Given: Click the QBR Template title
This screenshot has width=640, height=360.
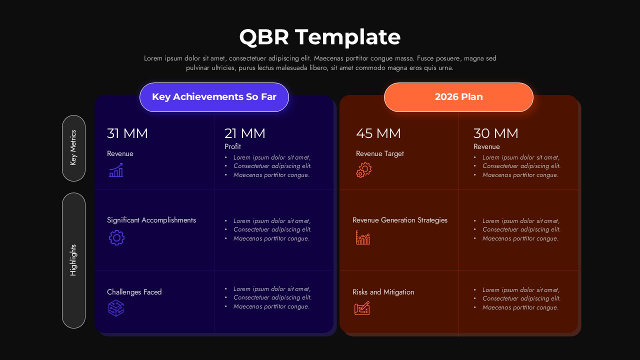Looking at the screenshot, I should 320,37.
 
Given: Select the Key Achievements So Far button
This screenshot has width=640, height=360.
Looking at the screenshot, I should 214,97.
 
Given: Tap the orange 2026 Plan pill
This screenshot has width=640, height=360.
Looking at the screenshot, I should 458,97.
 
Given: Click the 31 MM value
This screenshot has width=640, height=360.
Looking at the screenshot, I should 127,133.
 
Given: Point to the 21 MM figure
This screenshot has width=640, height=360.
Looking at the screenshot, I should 245,133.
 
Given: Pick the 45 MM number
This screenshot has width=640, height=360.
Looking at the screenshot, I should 378,133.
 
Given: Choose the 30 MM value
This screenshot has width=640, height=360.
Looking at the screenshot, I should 496,133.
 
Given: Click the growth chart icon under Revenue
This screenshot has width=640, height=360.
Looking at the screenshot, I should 116,170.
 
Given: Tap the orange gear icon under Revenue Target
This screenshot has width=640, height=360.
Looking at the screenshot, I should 363,170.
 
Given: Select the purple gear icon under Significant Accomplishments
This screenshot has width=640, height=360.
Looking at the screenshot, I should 116,237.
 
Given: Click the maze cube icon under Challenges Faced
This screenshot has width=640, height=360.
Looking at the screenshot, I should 116,308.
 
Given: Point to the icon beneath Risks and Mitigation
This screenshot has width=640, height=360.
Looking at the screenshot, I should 362,308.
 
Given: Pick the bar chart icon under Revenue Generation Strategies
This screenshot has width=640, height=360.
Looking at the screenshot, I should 363,237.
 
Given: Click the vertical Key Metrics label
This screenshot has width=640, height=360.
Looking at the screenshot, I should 73,148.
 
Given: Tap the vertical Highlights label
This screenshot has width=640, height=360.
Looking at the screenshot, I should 73,260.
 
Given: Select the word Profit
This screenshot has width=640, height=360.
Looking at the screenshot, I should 232,146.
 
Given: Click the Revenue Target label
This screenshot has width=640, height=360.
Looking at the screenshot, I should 380,153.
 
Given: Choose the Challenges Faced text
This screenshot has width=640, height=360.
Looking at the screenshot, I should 134,292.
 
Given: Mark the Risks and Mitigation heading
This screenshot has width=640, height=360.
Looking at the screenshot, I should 383,292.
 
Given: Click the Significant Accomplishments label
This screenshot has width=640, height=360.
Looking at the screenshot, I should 151,220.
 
